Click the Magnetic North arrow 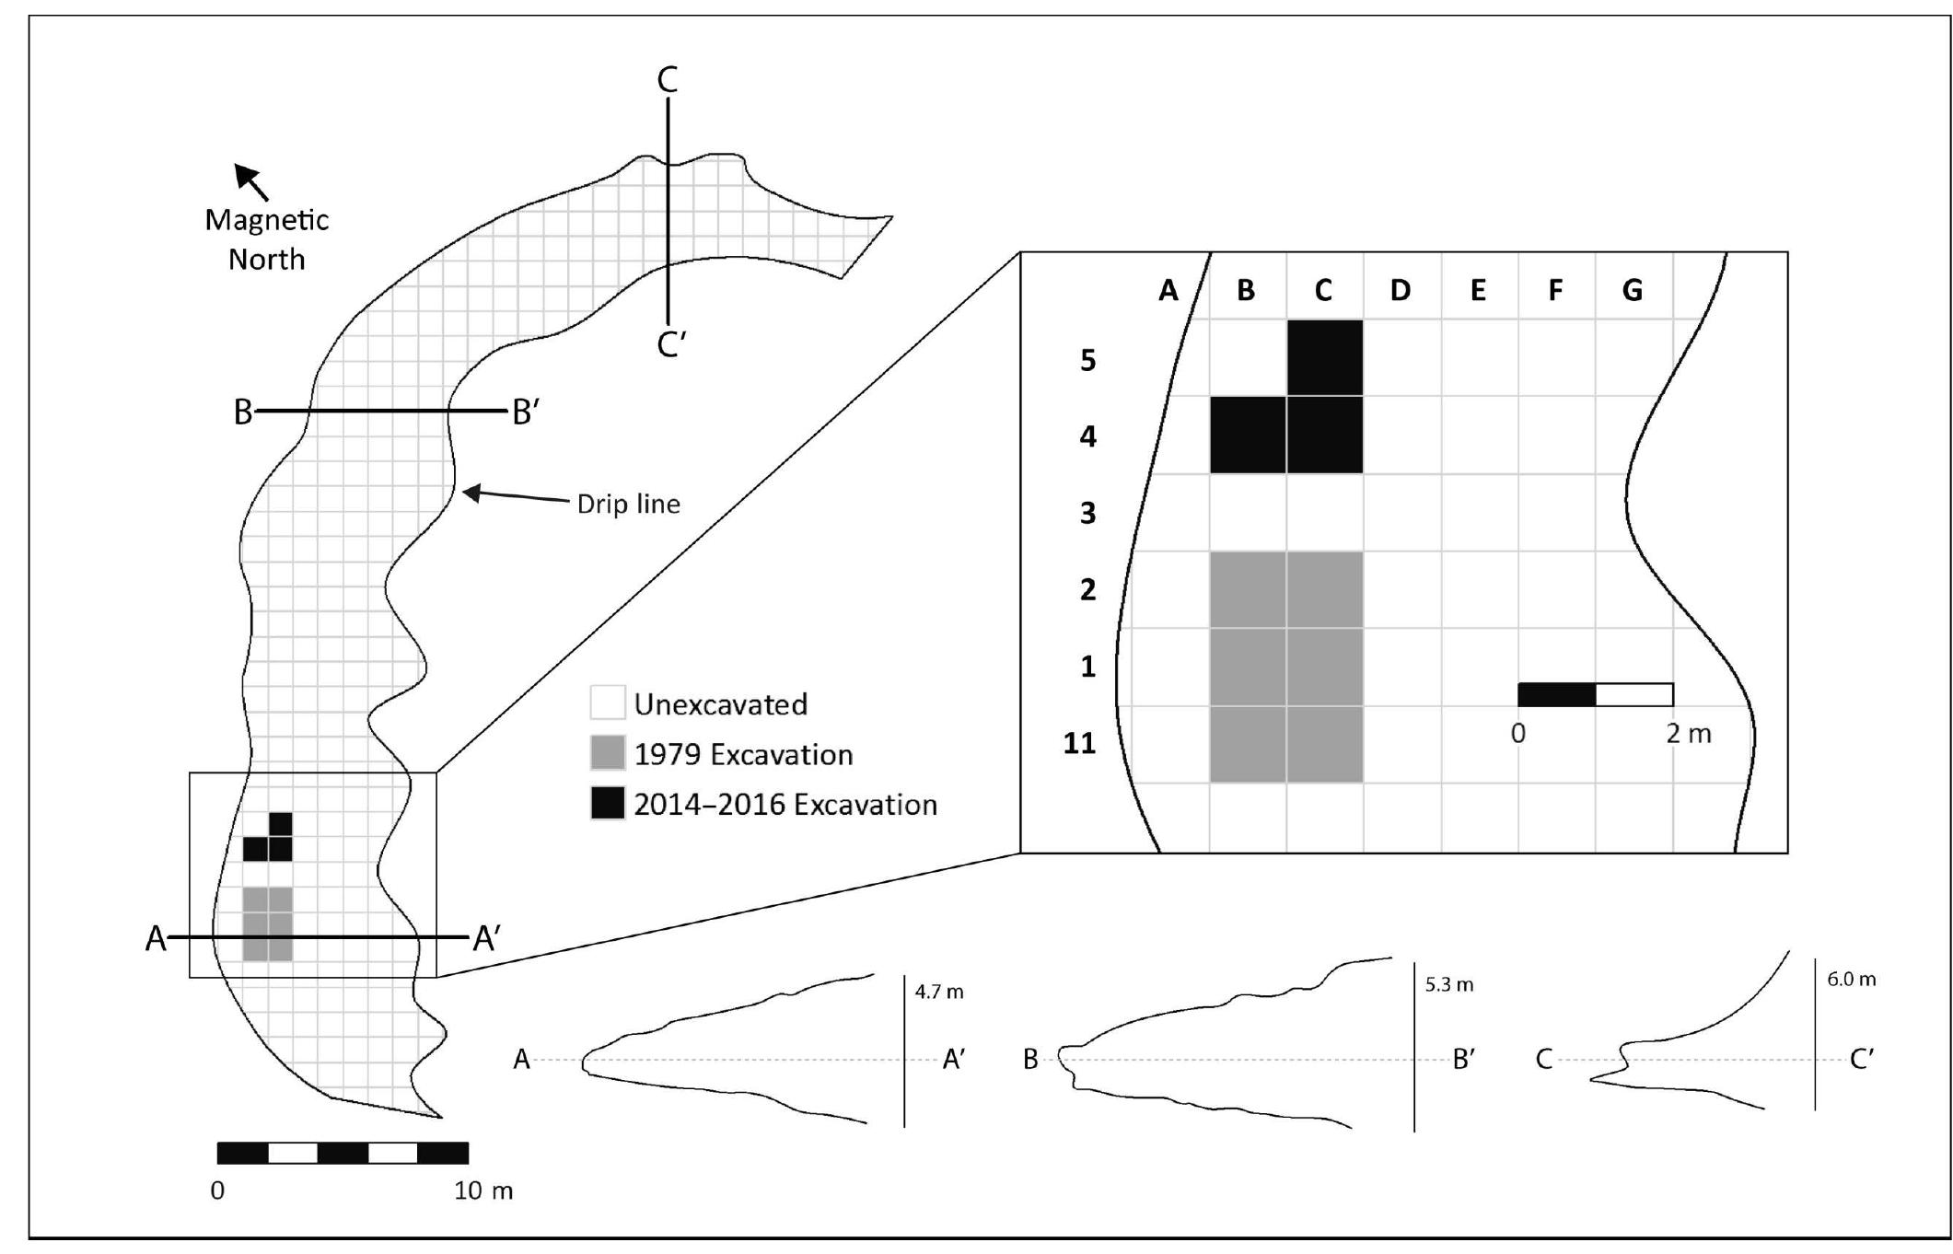point(251,181)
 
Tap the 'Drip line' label point(628,505)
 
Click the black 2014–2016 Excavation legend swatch point(608,804)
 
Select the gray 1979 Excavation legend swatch point(608,753)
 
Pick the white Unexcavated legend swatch point(608,702)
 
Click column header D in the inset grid point(1400,291)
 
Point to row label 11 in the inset point(1079,743)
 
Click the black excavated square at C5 point(1324,358)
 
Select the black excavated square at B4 point(1247,435)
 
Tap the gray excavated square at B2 point(1247,589)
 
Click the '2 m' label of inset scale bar point(1688,734)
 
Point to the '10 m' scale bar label point(482,1191)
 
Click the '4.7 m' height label point(939,993)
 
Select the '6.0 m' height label point(1851,980)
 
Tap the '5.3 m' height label point(1449,985)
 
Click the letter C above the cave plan point(668,81)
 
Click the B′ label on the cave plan point(525,412)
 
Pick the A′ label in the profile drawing point(953,1061)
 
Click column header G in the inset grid point(1632,291)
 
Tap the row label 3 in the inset point(1087,513)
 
